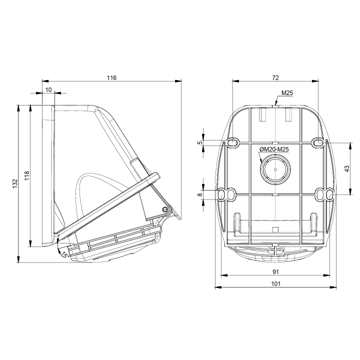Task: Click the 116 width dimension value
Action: [x=112, y=78]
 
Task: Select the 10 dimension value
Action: [x=48, y=90]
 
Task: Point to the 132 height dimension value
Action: [x=15, y=183]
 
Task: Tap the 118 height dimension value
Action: [x=27, y=175]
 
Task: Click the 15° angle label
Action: [x=64, y=254]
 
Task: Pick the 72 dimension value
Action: [x=275, y=78]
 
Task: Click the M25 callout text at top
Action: [x=287, y=93]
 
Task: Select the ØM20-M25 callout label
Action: [x=274, y=149]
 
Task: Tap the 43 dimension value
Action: [x=347, y=169]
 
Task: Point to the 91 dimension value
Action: [x=275, y=272]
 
